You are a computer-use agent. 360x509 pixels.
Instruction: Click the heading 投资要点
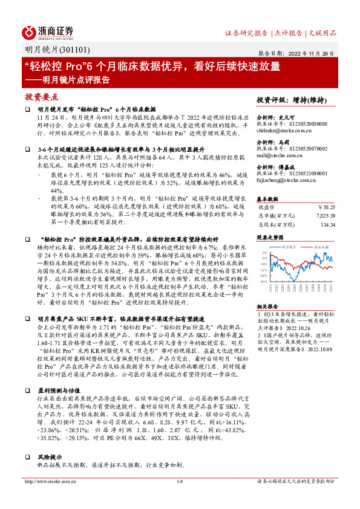coord(42,97)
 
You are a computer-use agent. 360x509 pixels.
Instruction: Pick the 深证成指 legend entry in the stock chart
coord(321,247)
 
